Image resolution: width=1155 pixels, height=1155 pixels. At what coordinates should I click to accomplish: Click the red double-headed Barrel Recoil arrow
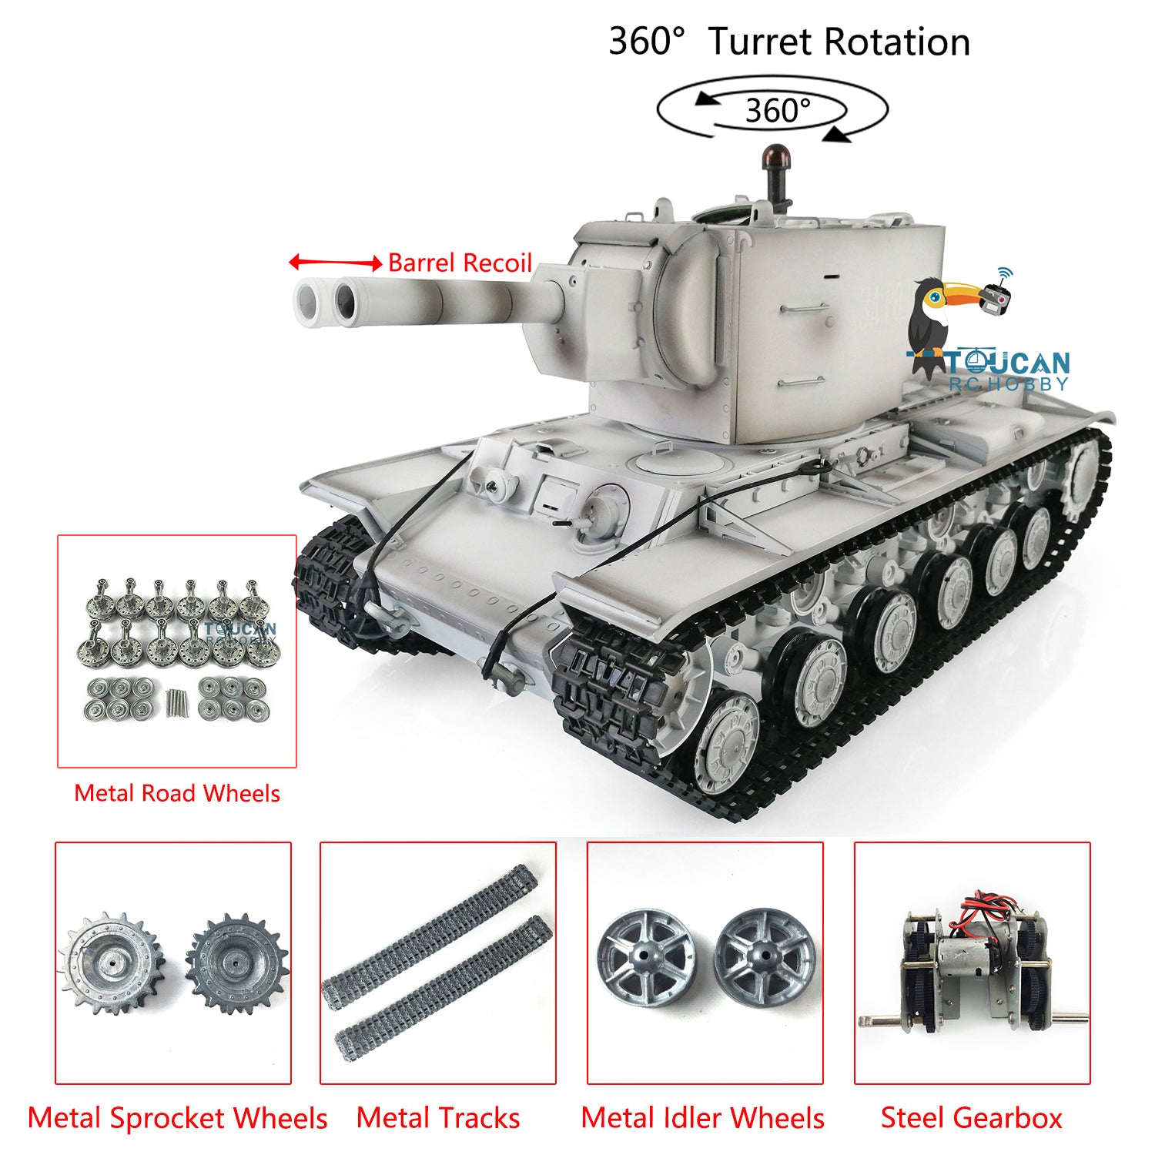[x=335, y=263]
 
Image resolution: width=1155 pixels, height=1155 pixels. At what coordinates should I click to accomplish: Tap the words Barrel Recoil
[x=460, y=263]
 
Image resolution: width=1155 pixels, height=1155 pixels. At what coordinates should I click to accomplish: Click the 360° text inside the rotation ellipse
[x=778, y=111]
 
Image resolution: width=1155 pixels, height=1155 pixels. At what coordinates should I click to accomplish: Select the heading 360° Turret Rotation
[x=789, y=42]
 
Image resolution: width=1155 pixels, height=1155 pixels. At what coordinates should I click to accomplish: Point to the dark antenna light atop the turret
[x=772, y=158]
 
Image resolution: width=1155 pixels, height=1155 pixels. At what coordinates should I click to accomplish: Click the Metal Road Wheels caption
[x=177, y=793]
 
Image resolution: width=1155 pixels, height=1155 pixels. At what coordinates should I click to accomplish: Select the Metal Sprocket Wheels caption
[x=177, y=1118]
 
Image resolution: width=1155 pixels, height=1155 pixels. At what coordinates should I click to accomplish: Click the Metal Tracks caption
[x=438, y=1118]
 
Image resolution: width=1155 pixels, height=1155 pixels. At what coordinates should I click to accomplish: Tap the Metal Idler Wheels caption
[x=702, y=1118]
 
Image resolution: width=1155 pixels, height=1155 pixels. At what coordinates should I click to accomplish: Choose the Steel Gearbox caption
[x=971, y=1118]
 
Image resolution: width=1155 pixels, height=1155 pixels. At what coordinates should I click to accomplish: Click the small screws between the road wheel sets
[x=176, y=702]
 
